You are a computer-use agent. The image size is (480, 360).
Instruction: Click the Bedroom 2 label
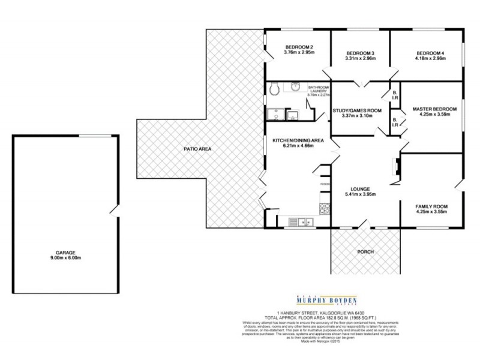coord(299,47)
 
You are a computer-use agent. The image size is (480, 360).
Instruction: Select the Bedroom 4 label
coord(430,52)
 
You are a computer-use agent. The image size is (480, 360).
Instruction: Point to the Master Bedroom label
coord(434,109)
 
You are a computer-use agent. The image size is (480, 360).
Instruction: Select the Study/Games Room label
coord(356,110)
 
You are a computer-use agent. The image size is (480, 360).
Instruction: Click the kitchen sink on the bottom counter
coord(301,223)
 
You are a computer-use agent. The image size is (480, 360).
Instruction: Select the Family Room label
coord(431,206)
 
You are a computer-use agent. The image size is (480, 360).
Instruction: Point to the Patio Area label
coord(197,149)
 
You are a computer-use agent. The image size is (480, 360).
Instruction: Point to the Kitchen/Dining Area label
coord(298,140)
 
